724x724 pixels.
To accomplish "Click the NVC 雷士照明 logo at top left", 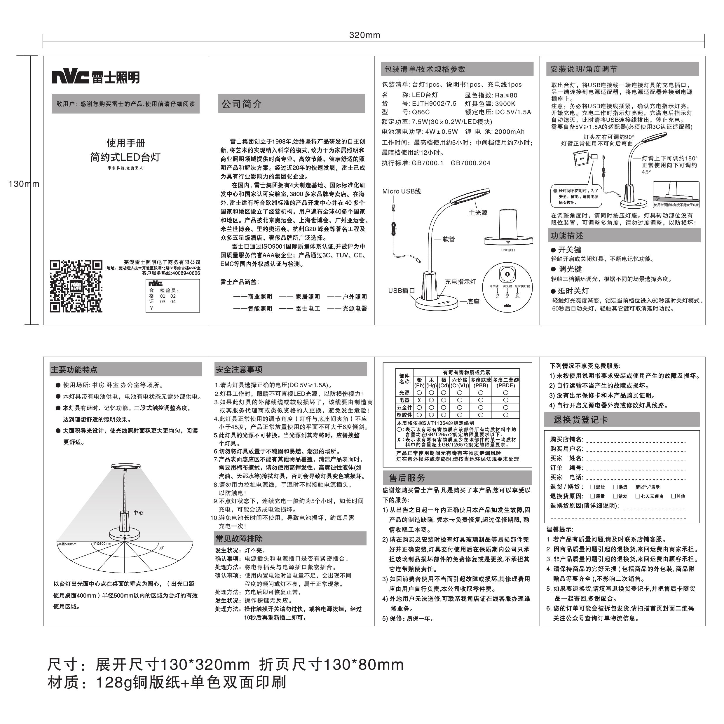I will point(95,77).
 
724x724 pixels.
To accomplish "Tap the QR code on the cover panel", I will point(76,286).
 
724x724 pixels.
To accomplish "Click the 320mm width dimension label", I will point(364,35).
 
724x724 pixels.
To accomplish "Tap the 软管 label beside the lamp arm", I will point(449,239).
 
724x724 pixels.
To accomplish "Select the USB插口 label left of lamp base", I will point(401,290).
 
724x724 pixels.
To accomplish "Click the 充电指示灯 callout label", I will point(460,281).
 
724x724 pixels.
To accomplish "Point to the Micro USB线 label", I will point(401,191).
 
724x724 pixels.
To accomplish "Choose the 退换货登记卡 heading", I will point(580,420).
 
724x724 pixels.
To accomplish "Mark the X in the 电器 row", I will point(419,400).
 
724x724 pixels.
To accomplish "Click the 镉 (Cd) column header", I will point(444,383).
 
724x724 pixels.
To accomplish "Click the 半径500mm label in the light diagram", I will point(67,544).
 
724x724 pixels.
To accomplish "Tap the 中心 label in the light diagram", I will point(138,512).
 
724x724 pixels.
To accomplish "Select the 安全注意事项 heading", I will point(239,369).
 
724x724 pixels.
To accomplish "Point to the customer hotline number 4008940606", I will point(186,273).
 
